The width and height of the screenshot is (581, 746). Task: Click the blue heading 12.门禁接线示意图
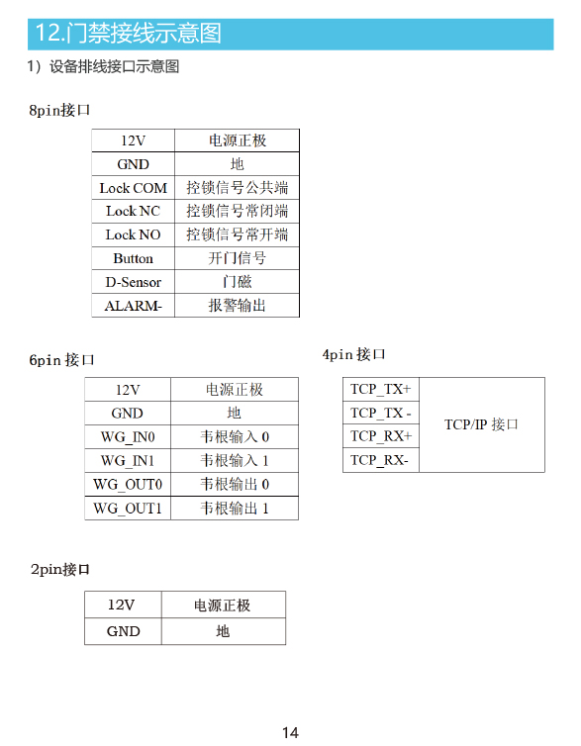tap(129, 34)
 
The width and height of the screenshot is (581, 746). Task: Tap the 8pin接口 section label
tap(59, 111)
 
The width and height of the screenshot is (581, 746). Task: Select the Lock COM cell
tap(134, 188)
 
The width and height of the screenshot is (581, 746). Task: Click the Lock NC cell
tap(134, 212)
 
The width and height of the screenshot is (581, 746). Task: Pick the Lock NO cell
tap(134, 234)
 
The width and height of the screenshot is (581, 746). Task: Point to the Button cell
tap(134, 258)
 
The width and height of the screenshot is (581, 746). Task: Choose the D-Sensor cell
tap(134, 282)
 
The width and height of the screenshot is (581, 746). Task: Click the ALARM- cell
tap(134, 306)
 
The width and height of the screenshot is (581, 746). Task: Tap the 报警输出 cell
tap(237, 306)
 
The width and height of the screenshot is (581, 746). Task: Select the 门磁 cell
tap(237, 282)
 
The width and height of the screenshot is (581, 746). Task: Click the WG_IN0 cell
tap(128, 436)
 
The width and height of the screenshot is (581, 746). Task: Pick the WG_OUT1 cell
tap(128, 509)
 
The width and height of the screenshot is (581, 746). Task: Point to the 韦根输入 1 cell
tap(235, 460)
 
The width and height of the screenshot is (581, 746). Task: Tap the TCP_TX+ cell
tap(381, 389)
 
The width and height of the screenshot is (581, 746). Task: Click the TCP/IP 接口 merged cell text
tap(481, 424)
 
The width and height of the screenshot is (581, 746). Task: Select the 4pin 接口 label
tap(353, 354)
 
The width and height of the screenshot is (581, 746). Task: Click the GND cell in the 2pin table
tap(124, 631)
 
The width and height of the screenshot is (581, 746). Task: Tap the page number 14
tap(290, 732)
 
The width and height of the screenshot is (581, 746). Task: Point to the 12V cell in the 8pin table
tap(134, 140)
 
